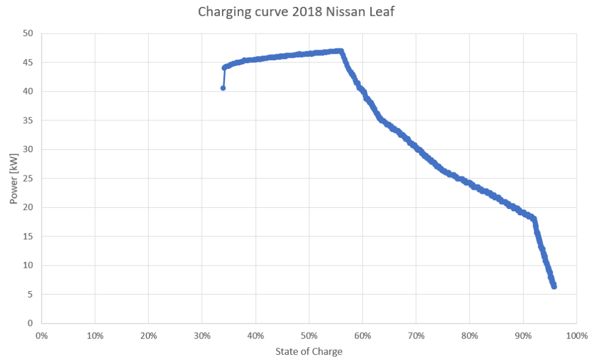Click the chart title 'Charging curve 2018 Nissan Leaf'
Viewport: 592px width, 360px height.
(296, 12)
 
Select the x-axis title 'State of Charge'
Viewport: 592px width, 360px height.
(309, 351)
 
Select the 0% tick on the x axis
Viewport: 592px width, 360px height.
(42, 335)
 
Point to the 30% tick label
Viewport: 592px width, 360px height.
(202, 335)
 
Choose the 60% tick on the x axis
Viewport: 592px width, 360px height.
(362, 335)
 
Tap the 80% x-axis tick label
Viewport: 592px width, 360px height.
(469, 335)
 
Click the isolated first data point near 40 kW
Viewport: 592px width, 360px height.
(223, 88)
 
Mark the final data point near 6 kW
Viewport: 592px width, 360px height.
(554, 286)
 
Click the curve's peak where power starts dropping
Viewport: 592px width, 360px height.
(341, 51)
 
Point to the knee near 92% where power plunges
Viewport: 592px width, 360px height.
(534, 219)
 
